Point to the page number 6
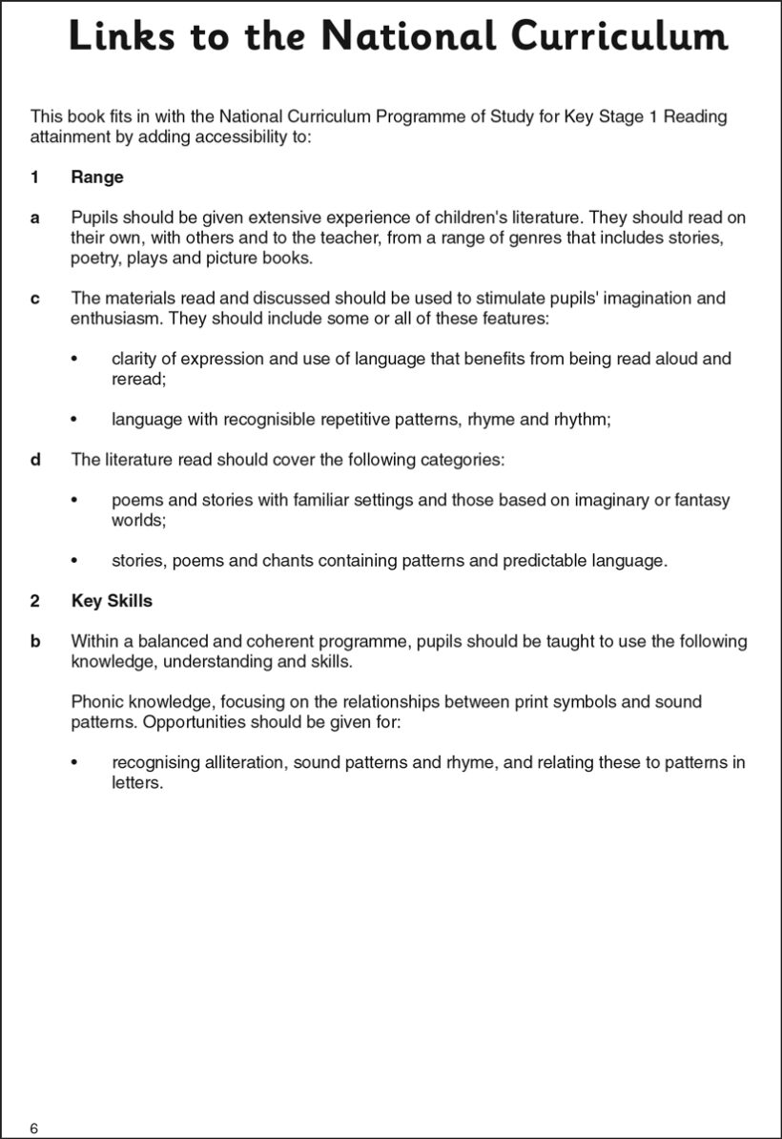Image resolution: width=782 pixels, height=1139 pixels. (34, 1129)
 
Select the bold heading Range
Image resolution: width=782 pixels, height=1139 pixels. (97, 177)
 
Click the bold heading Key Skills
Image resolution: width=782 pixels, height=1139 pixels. (112, 601)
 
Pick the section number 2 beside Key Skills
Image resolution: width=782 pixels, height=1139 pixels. (35, 601)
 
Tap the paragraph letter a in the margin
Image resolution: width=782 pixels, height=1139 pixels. (35, 217)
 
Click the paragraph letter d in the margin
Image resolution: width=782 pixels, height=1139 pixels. (35, 460)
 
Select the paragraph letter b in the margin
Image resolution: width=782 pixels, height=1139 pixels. (35, 641)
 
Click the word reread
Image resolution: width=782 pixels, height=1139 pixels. (138, 379)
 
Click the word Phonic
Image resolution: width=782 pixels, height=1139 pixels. (96, 701)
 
